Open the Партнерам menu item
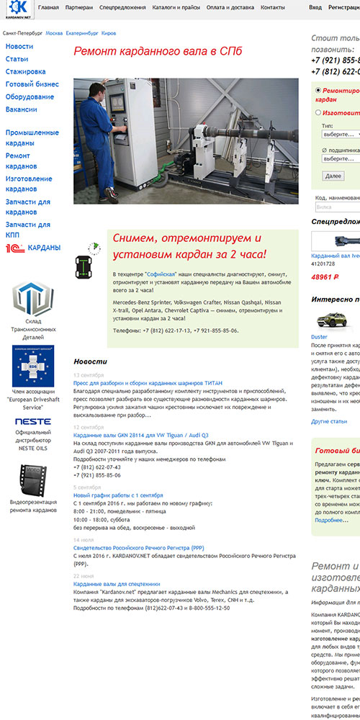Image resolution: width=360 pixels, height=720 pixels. coord(78,7)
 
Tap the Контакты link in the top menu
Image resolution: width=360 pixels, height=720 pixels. coord(272,7)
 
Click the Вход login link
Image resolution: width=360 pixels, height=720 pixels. coord(315,7)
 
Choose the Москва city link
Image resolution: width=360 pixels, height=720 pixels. coord(54,33)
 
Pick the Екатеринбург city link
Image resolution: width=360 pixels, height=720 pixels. coord(81,33)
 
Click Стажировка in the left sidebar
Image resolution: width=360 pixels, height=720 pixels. coord(25,72)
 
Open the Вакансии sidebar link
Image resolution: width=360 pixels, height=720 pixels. coord(21,109)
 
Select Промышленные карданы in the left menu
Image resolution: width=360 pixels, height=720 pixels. coord(32,138)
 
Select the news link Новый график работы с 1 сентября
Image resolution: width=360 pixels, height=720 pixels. coord(118,495)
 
